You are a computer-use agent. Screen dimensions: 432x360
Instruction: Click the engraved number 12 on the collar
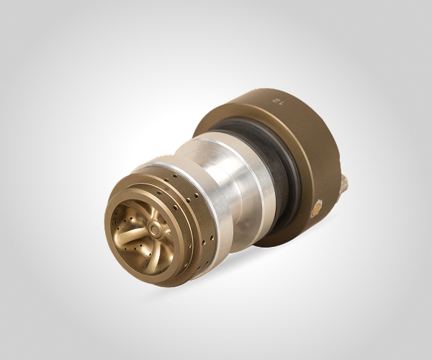point(278,101)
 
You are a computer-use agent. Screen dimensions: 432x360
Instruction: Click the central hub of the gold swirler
point(153,228)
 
